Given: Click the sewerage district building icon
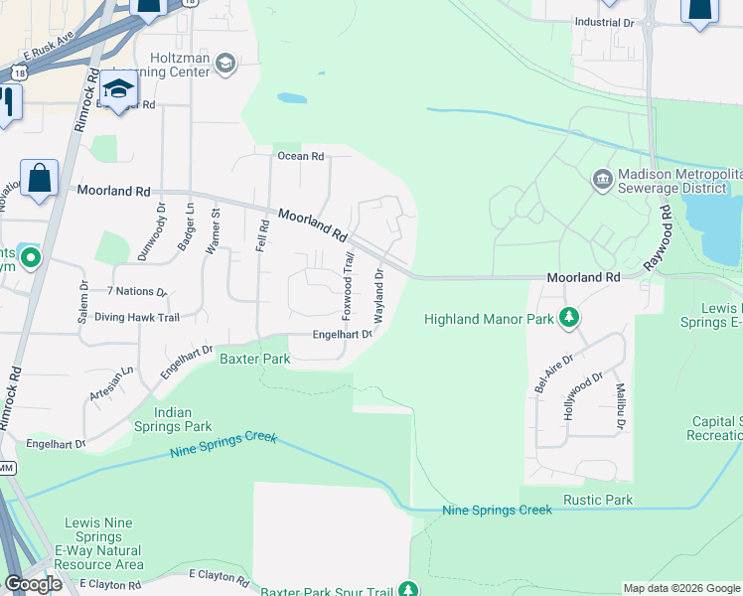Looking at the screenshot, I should [602, 180].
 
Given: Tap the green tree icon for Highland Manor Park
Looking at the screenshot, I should [569, 319].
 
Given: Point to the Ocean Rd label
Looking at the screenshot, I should [300, 156].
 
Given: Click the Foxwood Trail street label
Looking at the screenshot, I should [348, 285].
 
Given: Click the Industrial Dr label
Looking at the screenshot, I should [604, 22].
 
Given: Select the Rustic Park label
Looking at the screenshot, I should [598, 500].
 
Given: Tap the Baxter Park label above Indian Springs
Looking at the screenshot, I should [254, 358].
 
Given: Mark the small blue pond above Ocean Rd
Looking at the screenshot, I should [292, 99].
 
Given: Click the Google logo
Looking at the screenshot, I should [33, 584].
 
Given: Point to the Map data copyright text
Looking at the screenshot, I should [680, 588].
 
